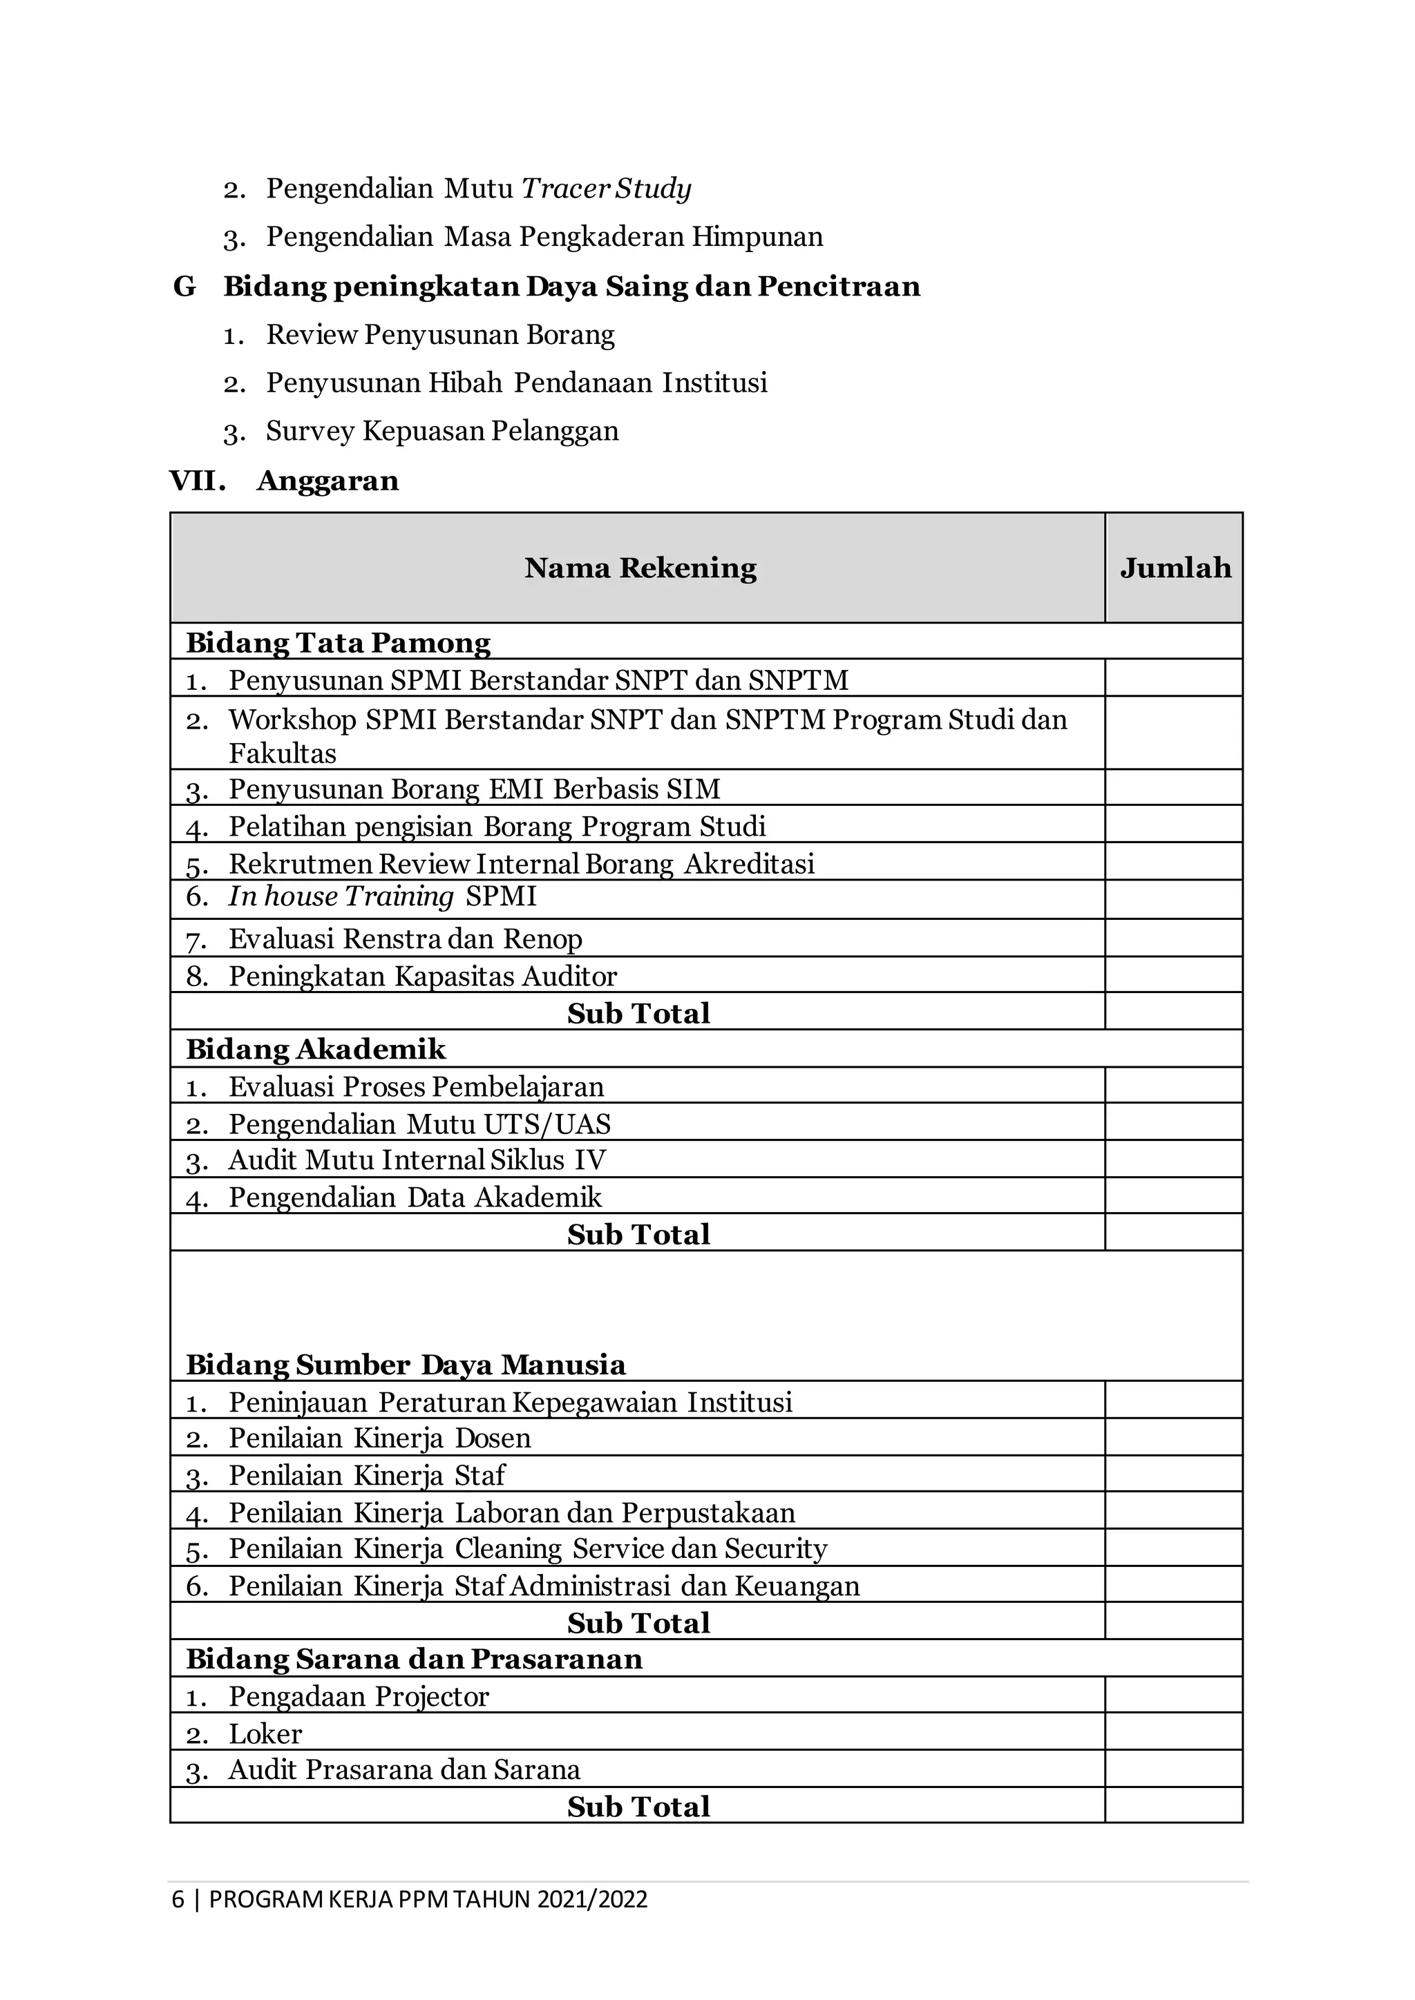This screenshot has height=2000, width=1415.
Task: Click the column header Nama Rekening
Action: pos(640,568)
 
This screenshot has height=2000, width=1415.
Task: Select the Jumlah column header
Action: pos(1175,568)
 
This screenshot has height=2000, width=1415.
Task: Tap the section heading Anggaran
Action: pos(327,481)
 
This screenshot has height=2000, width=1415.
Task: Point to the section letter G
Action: pos(184,287)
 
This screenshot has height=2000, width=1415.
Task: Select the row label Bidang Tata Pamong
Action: pos(338,643)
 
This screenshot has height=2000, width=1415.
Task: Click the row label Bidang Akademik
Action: pos(316,1049)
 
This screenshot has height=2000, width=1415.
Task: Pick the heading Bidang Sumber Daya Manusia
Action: pos(405,1364)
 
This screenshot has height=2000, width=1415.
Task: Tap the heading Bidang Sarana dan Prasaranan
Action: pos(414,1659)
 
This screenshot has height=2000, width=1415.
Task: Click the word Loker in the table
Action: pos(265,1733)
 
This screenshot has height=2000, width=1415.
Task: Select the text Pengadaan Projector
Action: pos(358,1696)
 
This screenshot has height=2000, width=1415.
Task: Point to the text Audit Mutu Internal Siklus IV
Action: pos(417,1160)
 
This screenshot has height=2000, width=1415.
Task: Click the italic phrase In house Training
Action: pos(341,896)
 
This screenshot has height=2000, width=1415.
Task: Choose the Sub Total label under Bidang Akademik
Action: pos(638,1233)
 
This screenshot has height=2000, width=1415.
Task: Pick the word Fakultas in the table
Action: pos(283,753)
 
